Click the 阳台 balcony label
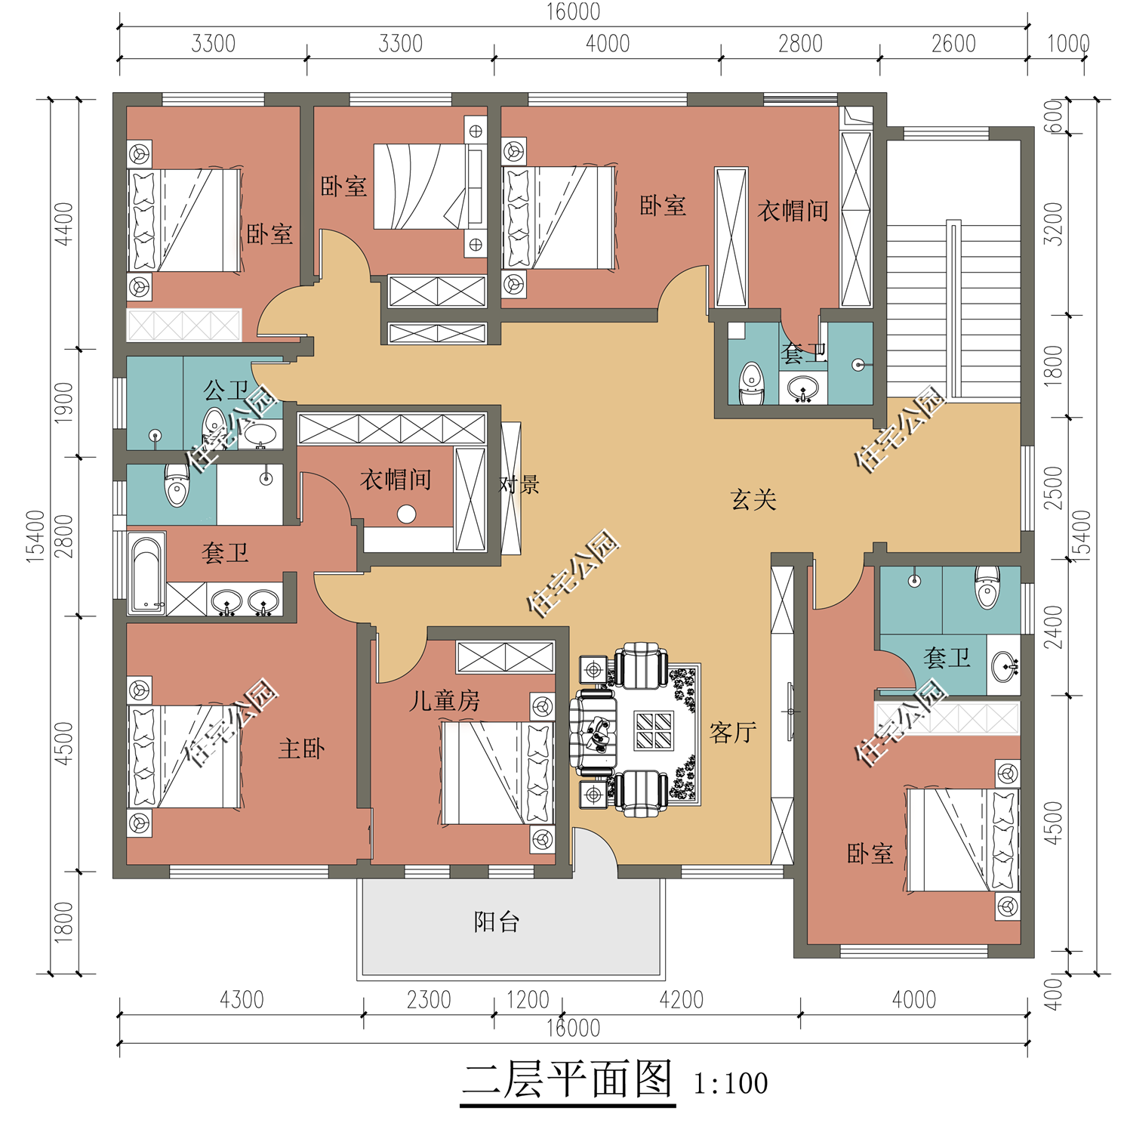coord(496,922)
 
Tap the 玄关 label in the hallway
coord(753,499)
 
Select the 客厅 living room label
coord(732,732)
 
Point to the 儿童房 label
coord(445,700)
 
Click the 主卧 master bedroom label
coord(301,749)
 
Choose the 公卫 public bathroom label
coord(226,391)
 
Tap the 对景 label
coord(519,484)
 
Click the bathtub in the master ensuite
coord(147,574)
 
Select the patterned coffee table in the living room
coord(654,730)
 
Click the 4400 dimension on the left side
coord(63,224)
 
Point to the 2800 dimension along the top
coord(800,44)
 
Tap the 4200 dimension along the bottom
coord(681,999)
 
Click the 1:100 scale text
coord(731,1083)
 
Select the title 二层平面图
coord(568,1079)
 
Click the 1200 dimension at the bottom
coord(528,999)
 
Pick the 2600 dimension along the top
coord(953,44)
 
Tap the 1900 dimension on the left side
coord(63,403)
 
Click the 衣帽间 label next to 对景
coord(396,479)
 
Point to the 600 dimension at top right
coord(1053,116)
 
